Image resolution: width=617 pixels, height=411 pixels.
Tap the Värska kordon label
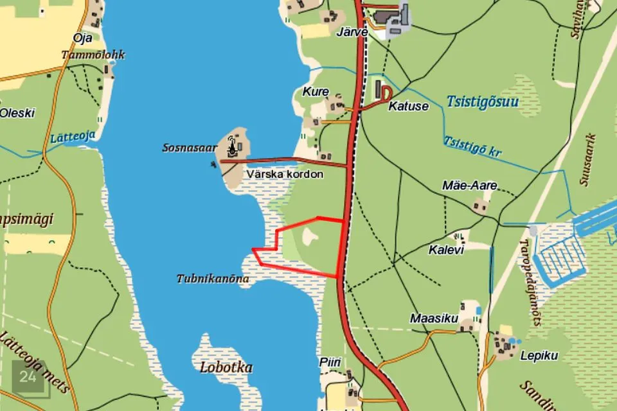(285, 174)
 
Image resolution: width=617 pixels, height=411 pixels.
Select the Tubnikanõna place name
(212, 279)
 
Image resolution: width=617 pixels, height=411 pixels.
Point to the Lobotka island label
(226, 368)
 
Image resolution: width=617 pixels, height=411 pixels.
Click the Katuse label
(408, 107)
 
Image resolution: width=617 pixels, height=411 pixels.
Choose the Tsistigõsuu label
(481, 101)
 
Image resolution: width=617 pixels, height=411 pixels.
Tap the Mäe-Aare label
(470, 186)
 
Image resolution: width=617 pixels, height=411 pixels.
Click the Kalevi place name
(445, 250)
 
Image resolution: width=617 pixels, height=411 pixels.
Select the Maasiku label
(434, 319)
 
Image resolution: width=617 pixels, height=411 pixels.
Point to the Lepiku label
(539, 356)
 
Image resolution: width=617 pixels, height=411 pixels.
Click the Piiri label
(329, 363)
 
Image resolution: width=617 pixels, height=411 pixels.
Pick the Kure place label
(316, 92)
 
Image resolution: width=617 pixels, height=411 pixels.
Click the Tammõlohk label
(93, 55)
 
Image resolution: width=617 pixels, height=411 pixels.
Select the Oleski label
(17, 113)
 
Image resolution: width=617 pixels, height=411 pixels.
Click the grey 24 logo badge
(28, 378)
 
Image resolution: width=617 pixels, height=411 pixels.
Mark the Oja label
(82, 38)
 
